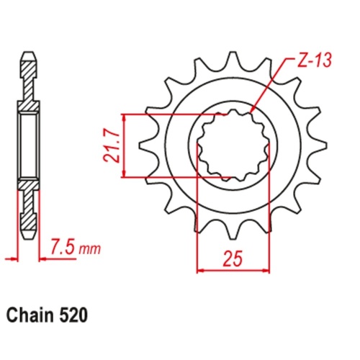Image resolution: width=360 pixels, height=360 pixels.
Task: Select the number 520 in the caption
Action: pyautogui.click(x=76, y=315)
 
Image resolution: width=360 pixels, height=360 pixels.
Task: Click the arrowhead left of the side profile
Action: pyautogui.click(x=10, y=256)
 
